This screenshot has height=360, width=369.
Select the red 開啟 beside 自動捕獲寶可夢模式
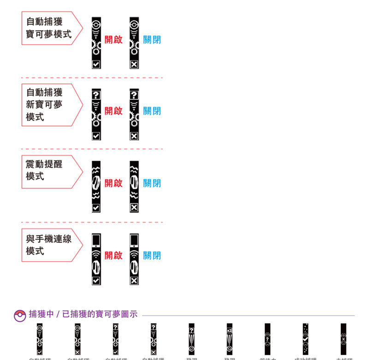(x=113, y=40)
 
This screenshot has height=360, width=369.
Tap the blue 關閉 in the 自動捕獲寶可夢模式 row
(x=152, y=40)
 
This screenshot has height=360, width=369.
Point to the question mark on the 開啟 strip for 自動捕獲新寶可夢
(x=96, y=95)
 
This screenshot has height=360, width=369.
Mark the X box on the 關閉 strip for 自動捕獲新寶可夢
(x=134, y=136)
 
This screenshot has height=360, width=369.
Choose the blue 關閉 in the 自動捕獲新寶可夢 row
(x=152, y=111)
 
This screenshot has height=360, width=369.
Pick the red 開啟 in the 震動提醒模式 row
(x=113, y=183)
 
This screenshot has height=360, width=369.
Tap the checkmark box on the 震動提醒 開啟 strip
(x=96, y=208)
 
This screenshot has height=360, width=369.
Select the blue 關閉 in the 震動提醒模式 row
(x=152, y=183)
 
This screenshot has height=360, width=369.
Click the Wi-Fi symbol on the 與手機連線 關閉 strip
(x=134, y=254)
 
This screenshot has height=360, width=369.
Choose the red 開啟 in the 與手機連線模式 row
(x=113, y=255)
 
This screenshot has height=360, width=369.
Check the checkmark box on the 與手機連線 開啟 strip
(x=96, y=281)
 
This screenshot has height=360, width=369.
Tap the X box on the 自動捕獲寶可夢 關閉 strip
(x=134, y=64)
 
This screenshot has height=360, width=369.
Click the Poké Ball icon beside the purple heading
(x=20, y=315)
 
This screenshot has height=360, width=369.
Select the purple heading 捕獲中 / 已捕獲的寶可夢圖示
(x=83, y=314)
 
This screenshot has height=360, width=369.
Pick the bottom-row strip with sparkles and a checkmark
(x=305, y=339)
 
